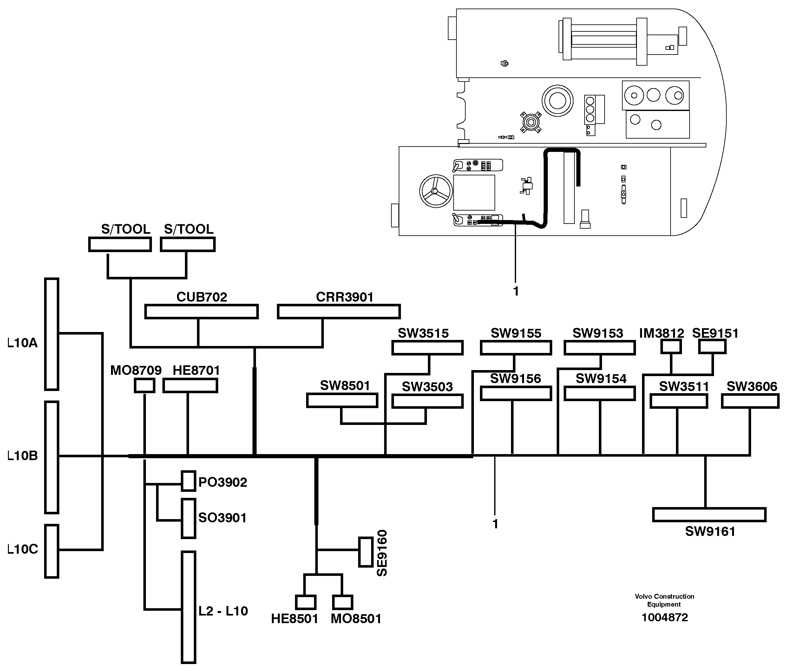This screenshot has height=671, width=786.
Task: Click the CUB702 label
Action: (201, 297)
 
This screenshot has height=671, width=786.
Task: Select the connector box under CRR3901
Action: (338, 311)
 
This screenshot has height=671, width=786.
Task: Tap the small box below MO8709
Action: (145, 386)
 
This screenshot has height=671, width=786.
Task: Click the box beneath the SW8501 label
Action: (342, 401)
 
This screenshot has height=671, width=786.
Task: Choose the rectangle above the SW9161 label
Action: (709, 515)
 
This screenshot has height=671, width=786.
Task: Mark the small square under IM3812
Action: (671, 346)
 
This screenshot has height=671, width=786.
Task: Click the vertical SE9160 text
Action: (382, 553)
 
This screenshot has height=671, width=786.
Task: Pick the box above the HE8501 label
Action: (305, 602)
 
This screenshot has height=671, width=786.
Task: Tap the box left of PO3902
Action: (188, 481)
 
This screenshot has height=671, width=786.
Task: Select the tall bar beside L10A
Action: (52, 334)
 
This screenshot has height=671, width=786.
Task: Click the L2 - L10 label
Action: (223, 611)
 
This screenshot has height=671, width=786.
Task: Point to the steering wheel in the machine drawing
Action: (436, 191)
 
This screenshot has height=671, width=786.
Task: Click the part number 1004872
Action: (665, 617)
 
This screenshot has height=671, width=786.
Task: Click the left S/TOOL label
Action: (126, 229)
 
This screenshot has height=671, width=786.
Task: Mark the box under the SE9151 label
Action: (712, 346)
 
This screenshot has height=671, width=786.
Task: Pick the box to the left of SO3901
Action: (188, 518)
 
